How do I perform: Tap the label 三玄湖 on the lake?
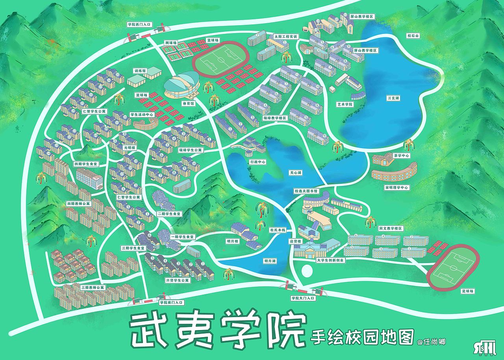[393, 98]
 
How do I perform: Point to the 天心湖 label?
[295, 173]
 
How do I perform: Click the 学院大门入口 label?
[303, 299]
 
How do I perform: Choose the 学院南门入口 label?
[171, 302]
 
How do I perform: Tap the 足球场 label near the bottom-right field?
[468, 291]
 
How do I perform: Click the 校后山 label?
[413, 36]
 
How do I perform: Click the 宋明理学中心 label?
[397, 188]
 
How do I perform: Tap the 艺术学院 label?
[345, 105]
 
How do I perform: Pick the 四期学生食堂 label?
[85, 163]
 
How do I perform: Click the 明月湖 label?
[270, 261]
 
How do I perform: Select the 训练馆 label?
[140, 71]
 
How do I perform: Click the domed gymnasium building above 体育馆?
[181, 84]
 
